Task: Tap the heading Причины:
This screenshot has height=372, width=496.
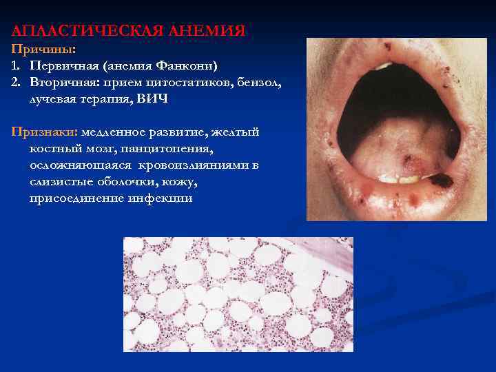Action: [32, 50]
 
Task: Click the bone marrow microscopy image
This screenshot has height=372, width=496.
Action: [238, 294]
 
